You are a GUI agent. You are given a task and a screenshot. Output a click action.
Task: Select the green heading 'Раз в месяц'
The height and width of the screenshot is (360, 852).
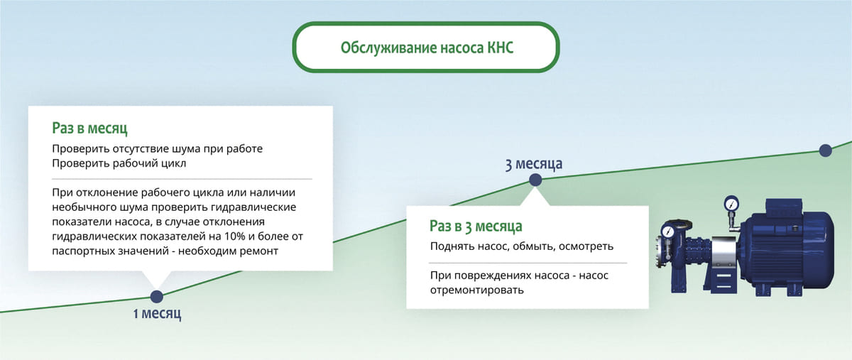point(89,129)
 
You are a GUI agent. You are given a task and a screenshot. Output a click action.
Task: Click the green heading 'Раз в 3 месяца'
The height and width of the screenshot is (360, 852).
point(475,227)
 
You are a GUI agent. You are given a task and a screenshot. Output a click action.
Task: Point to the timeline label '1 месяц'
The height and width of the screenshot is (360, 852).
point(157,313)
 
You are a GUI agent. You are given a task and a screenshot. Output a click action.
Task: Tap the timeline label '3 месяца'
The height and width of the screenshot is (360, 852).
point(533,164)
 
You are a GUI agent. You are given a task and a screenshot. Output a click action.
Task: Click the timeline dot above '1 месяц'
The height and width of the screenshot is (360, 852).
point(157,296)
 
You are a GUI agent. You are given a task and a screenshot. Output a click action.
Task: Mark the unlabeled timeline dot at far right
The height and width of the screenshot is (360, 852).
point(825,150)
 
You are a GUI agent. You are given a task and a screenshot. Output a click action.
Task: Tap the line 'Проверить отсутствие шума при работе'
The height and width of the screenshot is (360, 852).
point(158,149)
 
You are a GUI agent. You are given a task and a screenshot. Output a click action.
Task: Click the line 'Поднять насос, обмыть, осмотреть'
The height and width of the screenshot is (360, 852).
point(522,247)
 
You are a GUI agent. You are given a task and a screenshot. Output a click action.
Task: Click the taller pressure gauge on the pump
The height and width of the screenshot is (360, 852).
point(731,204)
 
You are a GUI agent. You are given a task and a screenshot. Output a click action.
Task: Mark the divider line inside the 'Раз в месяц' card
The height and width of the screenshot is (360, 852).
point(181,178)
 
